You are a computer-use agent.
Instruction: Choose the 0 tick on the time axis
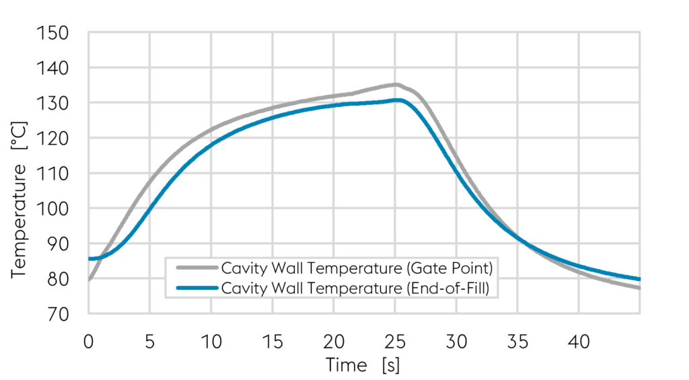click(88, 342)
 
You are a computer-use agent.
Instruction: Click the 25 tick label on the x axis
click(395, 342)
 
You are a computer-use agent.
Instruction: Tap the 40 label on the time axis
click(579, 342)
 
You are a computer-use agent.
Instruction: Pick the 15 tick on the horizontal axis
click(272, 342)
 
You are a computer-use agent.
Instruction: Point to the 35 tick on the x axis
click(517, 342)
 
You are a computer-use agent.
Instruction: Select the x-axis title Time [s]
click(363, 365)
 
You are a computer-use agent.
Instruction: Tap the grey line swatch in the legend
click(197, 268)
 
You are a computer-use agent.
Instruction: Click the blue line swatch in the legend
click(197, 288)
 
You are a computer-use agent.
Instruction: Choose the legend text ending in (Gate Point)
click(357, 268)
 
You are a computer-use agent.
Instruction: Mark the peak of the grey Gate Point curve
click(396, 85)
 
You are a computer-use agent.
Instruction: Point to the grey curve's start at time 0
click(89, 278)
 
